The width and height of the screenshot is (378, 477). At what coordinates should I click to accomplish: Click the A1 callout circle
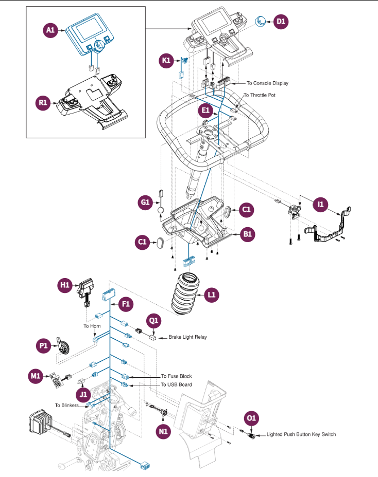click(50, 30)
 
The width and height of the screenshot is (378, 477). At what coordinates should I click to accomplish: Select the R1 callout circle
click(43, 102)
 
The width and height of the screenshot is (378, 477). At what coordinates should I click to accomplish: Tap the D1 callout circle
click(281, 22)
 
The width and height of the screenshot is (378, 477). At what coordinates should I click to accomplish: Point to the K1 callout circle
click(167, 61)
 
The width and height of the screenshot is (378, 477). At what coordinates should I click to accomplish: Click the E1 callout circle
click(205, 110)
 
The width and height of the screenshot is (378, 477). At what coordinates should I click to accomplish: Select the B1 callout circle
click(248, 234)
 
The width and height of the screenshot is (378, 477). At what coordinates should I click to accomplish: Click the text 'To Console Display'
click(267, 83)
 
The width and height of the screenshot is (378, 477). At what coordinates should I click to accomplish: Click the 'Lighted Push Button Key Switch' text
click(301, 434)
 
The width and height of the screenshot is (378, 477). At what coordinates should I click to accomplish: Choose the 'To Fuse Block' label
click(177, 377)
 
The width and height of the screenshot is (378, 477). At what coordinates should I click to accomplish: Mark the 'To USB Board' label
click(177, 384)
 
